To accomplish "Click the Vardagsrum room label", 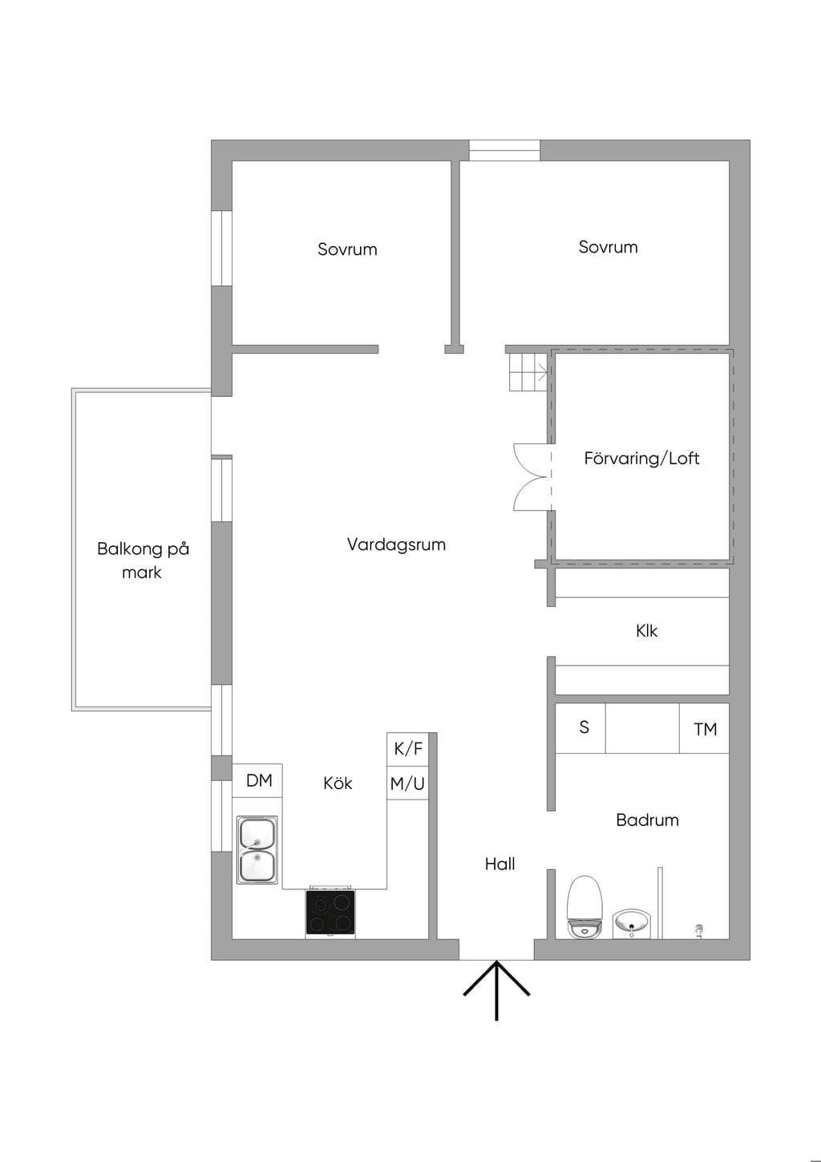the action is click(396, 545).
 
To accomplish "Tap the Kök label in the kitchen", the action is click(338, 783).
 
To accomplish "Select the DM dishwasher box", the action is click(257, 780).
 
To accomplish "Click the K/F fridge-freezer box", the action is click(407, 749).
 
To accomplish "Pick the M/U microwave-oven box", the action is click(407, 783).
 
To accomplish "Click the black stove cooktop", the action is click(330, 912).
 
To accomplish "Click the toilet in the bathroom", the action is click(585, 906).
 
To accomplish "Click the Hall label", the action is click(500, 864).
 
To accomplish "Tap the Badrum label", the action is click(647, 820).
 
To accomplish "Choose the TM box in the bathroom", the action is click(704, 728).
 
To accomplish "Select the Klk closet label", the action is click(647, 631).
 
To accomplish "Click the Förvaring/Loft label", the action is click(641, 459).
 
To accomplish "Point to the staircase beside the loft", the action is click(528, 371).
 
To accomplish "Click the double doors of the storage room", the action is click(531, 477).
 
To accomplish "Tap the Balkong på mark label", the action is click(143, 561).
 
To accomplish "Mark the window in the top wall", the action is click(504, 151).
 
